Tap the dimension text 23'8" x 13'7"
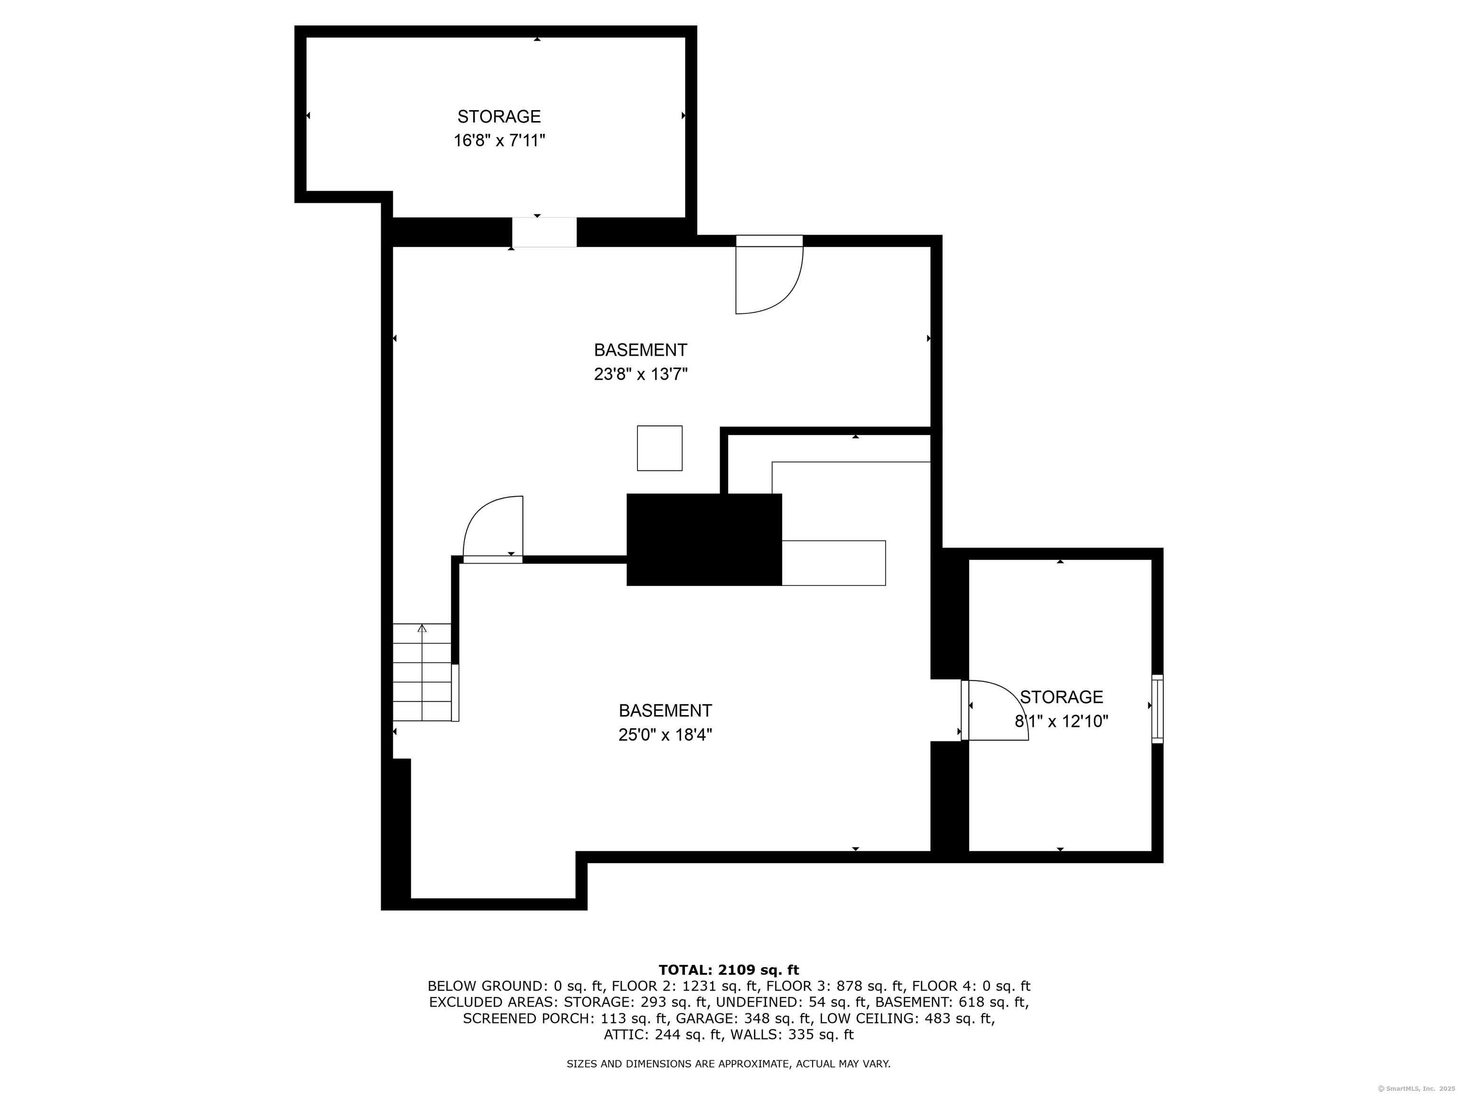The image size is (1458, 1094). click(641, 375)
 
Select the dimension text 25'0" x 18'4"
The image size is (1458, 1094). click(665, 735)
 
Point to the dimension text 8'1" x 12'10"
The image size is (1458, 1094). click(1061, 721)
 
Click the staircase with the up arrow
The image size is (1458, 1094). click(422, 672)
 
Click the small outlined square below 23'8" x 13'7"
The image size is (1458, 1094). click(659, 448)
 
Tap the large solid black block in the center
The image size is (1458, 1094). click(704, 539)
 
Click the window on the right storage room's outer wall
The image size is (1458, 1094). click(1158, 709)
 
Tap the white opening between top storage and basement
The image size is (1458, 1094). click(544, 232)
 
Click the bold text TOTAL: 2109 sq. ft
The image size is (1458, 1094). click(729, 970)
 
